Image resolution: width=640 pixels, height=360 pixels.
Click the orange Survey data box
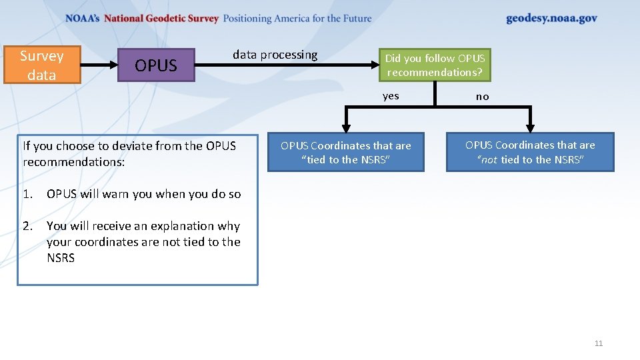(x=42, y=65)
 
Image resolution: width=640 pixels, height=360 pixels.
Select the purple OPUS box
(x=156, y=65)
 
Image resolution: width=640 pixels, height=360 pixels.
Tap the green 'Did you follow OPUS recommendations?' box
(x=435, y=65)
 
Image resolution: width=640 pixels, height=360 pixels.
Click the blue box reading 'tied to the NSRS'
(x=345, y=153)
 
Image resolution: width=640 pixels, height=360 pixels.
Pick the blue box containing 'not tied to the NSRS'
(x=530, y=153)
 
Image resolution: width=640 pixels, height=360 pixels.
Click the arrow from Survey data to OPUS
(x=99, y=65)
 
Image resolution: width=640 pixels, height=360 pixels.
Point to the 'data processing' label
(x=275, y=55)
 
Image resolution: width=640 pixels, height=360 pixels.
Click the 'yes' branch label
(x=391, y=96)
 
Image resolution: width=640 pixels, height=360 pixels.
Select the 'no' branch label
(x=482, y=97)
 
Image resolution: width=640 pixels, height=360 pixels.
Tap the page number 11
(x=598, y=343)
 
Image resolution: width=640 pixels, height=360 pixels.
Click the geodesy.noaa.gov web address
(x=551, y=19)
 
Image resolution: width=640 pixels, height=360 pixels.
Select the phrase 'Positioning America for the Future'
(x=297, y=19)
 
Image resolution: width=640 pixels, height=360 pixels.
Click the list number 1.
(x=27, y=194)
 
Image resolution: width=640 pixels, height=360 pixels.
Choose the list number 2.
(x=27, y=226)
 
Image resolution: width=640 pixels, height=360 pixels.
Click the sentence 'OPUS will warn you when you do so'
(x=143, y=194)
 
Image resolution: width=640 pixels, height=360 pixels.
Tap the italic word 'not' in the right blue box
(x=489, y=160)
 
